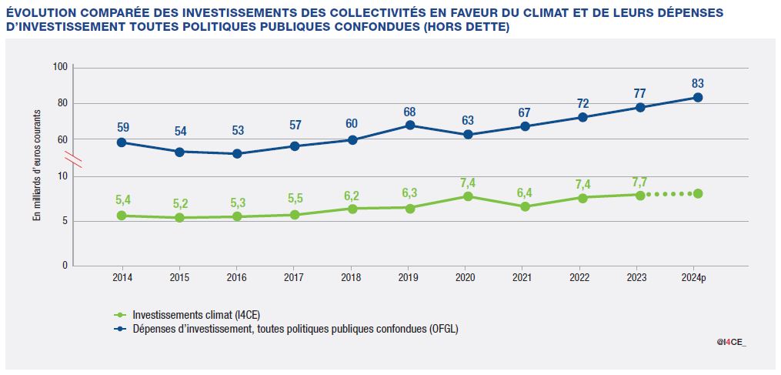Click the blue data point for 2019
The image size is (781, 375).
click(x=409, y=125)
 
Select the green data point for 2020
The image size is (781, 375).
click(x=467, y=196)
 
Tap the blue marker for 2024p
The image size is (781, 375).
click(x=698, y=97)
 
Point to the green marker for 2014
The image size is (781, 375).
click(x=122, y=216)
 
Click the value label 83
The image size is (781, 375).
click(x=698, y=83)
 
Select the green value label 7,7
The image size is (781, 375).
click(x=639, y=182)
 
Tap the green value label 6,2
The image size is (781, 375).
click(x=352, y=196)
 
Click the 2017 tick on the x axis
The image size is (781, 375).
click(x=295, y=276)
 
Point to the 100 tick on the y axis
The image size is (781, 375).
click(x=61, y=68)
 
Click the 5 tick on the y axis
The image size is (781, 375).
click(x=65, y=221)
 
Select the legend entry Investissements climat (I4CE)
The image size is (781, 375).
click(x=190, y=314)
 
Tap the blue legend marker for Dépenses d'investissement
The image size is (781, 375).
click(x=119, y=328)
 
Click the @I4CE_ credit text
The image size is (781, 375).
click(x=731, y=342)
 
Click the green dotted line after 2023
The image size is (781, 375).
click(x=669, y=194)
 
